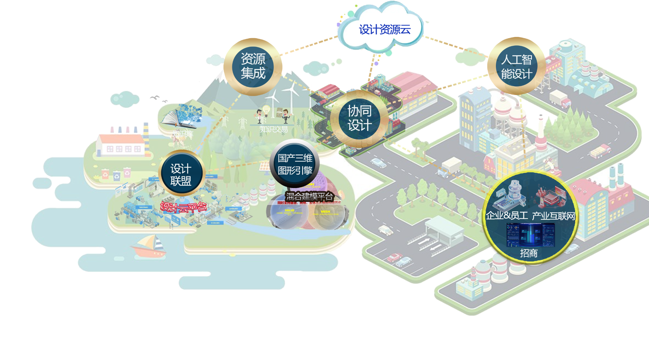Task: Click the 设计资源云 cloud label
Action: [x=384, y=30]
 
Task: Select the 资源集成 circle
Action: [x=253, y=66]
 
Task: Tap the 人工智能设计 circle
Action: [x=516, y=66]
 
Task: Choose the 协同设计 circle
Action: [x=359, y=118]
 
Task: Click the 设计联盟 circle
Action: [x=181, y=174]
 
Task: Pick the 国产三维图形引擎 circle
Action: [x=295, y=164]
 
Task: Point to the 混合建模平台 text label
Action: [x=309, y=197]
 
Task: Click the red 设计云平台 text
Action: [x=183, y=207]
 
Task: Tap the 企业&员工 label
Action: [x=507, y=216]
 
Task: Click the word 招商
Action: [x=529, y=253]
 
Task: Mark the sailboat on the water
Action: [x=149, y=246]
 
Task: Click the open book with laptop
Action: [x=181, y=116]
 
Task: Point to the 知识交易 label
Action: [x=274, y=129]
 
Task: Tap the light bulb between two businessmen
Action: [x=266, y=109]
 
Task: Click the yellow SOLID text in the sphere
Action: [x=289, y=210]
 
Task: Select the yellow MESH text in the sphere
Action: [x=325, y=211]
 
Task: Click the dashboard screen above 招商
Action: [x=530, y=235]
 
